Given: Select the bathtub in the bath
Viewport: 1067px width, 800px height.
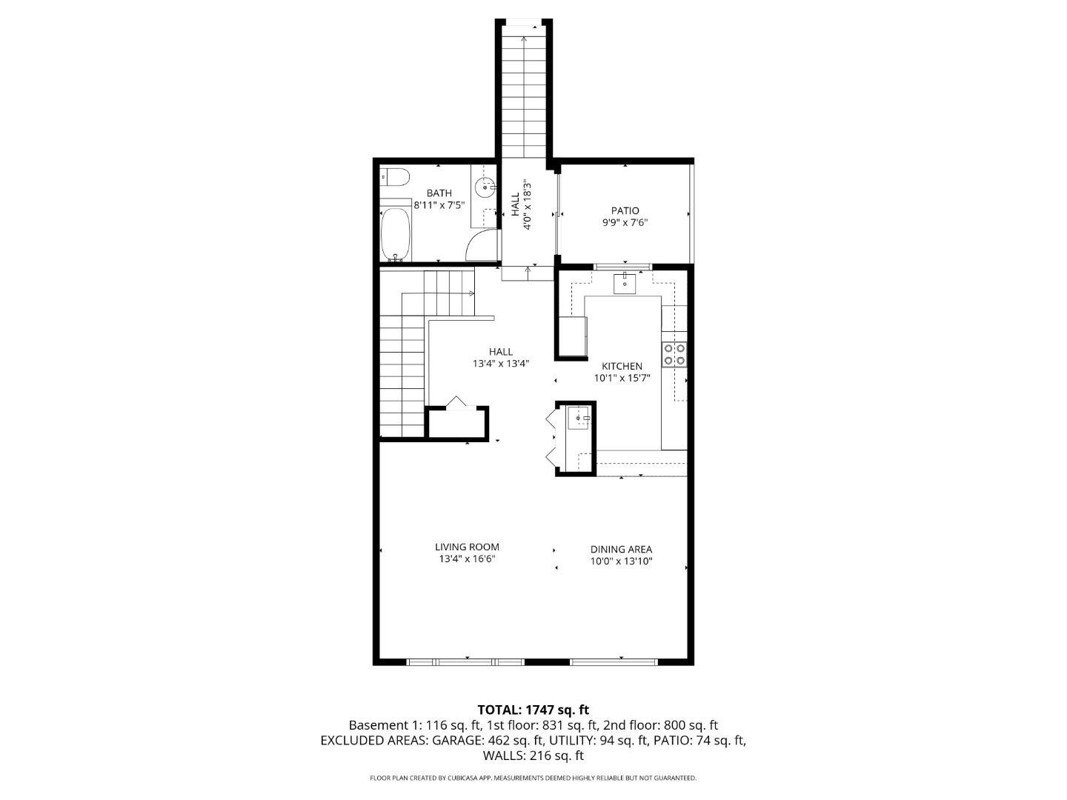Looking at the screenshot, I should [395, 233].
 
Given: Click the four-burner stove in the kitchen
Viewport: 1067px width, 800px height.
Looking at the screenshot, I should [674, 355].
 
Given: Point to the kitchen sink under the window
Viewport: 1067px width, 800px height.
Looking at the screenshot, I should [625, 282].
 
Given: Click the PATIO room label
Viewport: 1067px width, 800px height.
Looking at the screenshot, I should [625, 211].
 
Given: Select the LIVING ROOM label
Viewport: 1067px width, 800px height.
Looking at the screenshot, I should [467, 547].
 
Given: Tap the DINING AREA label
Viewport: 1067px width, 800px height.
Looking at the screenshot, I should [621, 550].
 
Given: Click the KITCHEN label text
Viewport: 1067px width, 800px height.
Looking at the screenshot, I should [622, 367].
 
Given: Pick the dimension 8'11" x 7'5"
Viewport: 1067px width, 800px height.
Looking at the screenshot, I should [439, 205].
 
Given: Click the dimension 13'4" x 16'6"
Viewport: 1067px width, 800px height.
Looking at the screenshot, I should [467, 559].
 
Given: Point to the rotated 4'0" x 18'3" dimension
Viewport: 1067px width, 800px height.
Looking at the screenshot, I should [528, 204].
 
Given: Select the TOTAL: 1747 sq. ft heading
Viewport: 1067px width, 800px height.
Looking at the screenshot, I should [533, 710].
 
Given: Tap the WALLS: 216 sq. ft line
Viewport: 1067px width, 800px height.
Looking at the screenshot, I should [533, 756].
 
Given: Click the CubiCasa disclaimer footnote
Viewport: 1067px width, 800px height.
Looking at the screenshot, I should [533, 779].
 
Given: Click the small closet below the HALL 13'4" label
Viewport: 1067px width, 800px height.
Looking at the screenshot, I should [457, 423].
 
